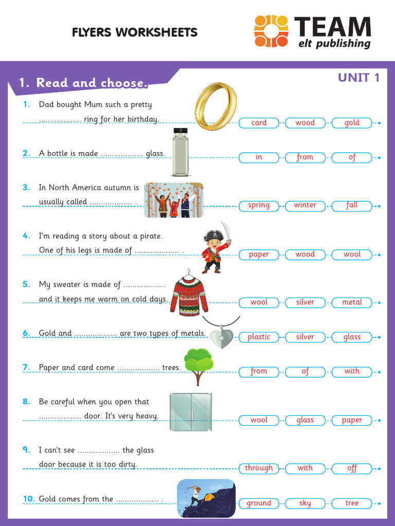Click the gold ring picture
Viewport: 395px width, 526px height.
tap(216, 106)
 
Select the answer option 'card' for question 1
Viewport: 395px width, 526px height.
tap(259, 123)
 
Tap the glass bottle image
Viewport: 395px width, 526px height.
tap(181, 152)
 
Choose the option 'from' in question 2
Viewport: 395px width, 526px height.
tap(305, 157)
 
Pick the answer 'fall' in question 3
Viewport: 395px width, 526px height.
tap(352, 205)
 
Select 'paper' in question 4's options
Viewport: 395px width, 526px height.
tap(259, 254)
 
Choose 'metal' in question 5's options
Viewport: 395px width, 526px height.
tap(352, 302)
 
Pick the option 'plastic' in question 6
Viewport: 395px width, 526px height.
tap(259, 337)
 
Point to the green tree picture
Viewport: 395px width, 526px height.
tap(199, 366)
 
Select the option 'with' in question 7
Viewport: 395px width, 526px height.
tap(352, 371)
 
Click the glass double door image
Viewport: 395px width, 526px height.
tap(190, 412)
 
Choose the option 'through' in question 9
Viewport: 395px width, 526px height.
tap(259, 468)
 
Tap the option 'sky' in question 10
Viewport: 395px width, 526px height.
tap(305, 503)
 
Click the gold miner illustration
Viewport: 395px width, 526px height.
tap(206, 498)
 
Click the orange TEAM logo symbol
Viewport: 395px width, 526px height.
tap(271, 31)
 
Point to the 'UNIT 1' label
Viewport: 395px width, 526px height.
tap(358, 78)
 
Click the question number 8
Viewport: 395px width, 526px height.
tap(26, 402)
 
